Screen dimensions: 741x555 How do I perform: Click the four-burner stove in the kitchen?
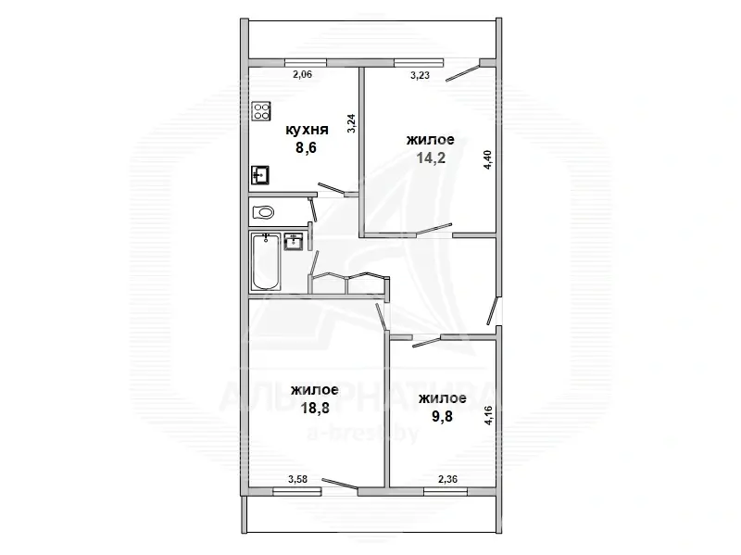coord(261,111)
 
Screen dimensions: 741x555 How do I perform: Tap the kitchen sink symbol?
coord(260,175)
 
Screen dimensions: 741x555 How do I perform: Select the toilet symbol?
coord(263,212)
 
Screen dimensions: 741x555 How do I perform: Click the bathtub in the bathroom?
coord(266,261)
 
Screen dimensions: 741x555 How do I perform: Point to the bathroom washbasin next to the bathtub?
coord(294,241)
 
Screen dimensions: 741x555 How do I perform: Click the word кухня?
coord(307,130)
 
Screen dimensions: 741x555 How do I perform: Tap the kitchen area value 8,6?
coord(306,147)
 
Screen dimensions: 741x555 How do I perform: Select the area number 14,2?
coord(431,158)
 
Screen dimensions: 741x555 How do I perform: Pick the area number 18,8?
coord(315,408)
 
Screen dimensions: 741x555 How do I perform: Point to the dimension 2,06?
coord(303,74)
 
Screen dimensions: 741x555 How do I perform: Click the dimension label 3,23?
coord(420,75)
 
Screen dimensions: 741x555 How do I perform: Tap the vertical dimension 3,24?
coord(351,123)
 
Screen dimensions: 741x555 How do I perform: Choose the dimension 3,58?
coord(297,479)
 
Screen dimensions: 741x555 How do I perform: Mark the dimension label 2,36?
coord(447,479)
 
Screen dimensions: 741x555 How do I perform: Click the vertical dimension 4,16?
coord(489,415)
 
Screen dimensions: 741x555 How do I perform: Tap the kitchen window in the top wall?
coord(306,62)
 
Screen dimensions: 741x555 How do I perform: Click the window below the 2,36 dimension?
coord(446,492)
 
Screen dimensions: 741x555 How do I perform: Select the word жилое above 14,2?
coord(431,140)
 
